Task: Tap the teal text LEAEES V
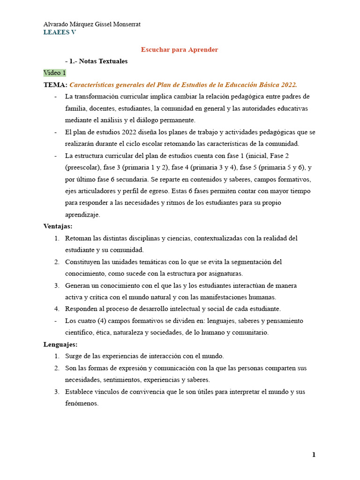click(60, 32)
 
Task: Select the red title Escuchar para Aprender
click(180, 49)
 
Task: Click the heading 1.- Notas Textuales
click(98, 61)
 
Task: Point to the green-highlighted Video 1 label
click(55, 73)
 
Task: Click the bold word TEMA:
click(56, 84)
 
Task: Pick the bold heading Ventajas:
click(58, 226)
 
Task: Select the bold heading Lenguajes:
click(60, 345)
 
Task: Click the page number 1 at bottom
click(314, 455)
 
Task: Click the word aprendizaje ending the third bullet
click(82, 215)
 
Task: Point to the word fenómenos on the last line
click(82, 403)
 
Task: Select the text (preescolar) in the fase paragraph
click(82, 167)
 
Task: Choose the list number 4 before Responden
click(56, 309)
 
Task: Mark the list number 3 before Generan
click(56, 285)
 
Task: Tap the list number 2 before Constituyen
click(56, 262)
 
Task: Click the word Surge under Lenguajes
click(74, 356)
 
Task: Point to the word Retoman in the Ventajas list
click(78, 238)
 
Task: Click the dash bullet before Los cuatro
click(56, 321)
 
